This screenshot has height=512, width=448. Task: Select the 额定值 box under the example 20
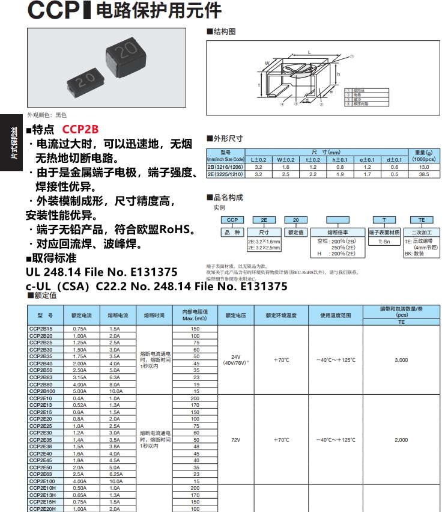295,233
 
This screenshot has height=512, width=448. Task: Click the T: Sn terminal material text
384,241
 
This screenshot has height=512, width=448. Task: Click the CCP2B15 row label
41,329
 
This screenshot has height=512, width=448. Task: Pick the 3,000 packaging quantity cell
401,360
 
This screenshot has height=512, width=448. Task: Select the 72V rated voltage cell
235,440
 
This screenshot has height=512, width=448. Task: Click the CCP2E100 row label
42,481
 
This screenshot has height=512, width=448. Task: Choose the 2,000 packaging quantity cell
401,440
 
